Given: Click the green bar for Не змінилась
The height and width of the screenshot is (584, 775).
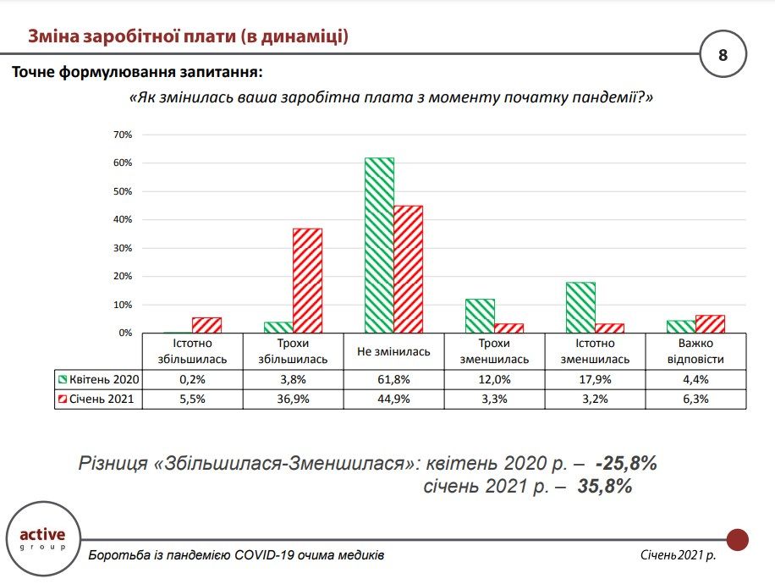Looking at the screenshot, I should tap(379, 245).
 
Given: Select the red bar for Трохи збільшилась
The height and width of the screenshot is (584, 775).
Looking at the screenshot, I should tap(307, 280).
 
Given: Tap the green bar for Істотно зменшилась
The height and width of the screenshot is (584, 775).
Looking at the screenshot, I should tap(580, 307).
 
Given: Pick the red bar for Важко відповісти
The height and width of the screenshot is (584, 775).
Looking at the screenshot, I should tap(710, 324).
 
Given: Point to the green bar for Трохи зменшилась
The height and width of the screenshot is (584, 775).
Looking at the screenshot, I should tap(480, 316).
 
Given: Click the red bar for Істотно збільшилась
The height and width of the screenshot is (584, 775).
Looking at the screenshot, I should tap(206, 325).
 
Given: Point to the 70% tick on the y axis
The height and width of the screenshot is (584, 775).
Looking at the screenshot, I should tap(123, 135).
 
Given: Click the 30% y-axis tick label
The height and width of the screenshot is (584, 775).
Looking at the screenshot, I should tap(123, 248).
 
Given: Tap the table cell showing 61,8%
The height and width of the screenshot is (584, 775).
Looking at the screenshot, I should tap(394, 378).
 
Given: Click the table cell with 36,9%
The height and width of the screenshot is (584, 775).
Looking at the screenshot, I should tap(294, 399).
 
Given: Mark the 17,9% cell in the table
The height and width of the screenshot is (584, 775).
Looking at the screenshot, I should tap(596, 378).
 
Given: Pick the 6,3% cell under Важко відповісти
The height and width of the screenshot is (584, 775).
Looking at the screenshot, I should tap(696, 399).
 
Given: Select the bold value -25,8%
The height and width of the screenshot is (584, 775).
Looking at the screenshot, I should tap(626, 464).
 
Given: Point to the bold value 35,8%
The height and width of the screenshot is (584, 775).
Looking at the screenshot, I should tap(606, 487).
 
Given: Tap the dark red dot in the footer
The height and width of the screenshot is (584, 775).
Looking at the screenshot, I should tap(738, 539).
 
